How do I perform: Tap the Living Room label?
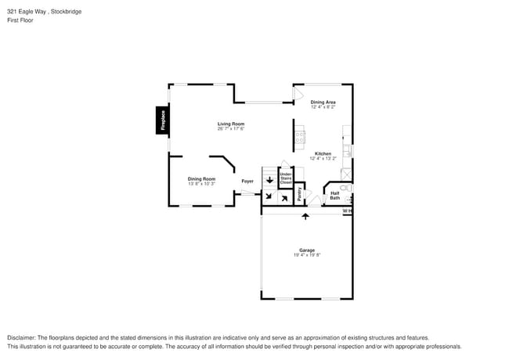pos(231,124)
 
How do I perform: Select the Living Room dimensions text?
pos(231,129)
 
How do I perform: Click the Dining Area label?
pos(323,102)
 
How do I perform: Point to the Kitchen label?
pos(323,153)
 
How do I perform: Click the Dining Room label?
pos(201,178)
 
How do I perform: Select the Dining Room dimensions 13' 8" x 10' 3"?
pos(201,184)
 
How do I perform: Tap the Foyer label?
pos(247,181)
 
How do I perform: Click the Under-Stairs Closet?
pos(286,179)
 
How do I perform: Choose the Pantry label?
pos(300,195)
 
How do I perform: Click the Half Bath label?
pos(334,195)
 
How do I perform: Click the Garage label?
pos(307,250)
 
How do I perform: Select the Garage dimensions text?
pos(307,255)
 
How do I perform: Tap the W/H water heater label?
pos(347,211)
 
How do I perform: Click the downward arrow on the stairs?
pos(269,181)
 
